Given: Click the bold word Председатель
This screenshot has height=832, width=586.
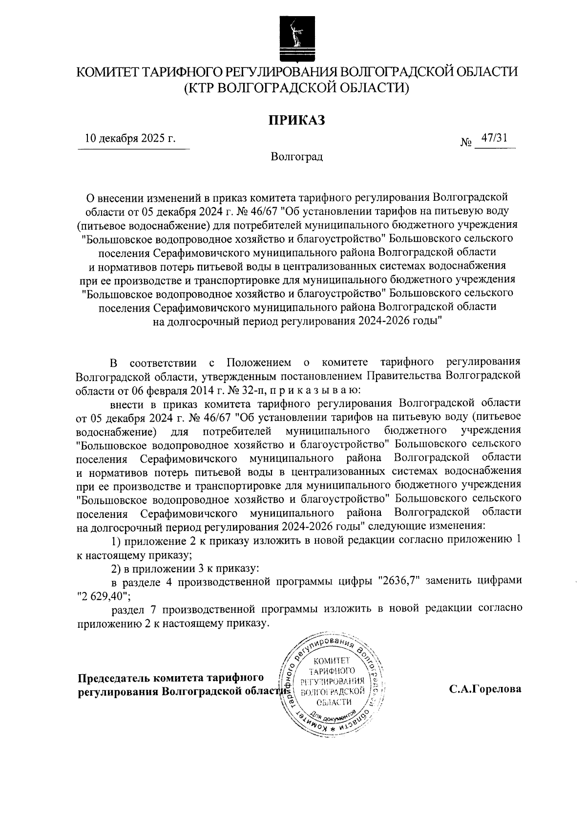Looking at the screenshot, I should (114, 678).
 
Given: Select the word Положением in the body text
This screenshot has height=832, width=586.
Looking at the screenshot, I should (259, 363).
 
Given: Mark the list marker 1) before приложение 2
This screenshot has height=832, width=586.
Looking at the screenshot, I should (117, 541).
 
